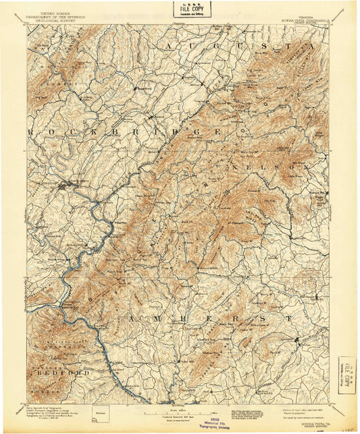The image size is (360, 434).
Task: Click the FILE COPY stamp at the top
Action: click(191, 9)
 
